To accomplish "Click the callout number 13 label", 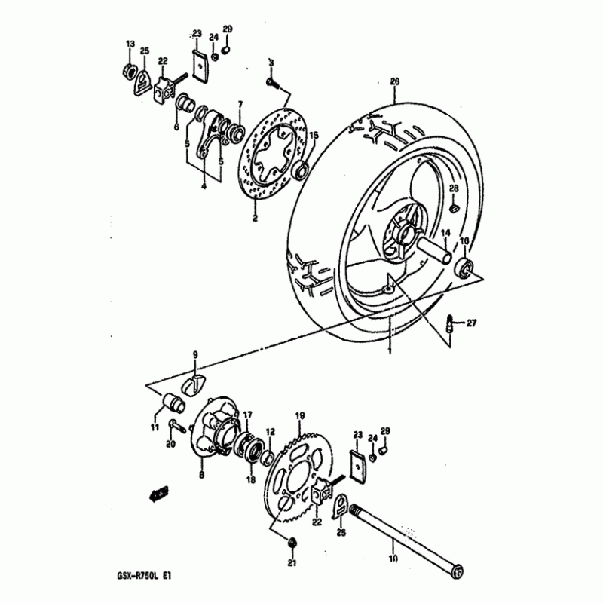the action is (x=130, y=44).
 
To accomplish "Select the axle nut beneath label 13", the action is (x=130, y=70).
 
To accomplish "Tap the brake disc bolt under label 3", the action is (x=272, y=82).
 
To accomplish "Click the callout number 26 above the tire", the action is (x=395, y=81).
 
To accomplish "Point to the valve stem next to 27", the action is (x=449, y=324).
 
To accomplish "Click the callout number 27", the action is (x=472, y=323).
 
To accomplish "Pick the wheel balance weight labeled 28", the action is (x=454, y=208).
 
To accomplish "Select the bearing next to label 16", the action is (x=464, y=268).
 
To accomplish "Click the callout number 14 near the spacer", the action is (x=445, y=233).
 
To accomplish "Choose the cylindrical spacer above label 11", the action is (x=173, y=403).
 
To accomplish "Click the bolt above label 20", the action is (x=176, y=426).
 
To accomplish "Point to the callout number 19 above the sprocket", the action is (x=300, y=415).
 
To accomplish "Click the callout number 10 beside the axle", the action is (x=393, y=559).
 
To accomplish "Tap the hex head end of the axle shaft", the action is (x=457, y=571).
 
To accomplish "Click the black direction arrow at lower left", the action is (x=158, y=494).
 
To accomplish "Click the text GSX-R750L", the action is (x=136, y=576).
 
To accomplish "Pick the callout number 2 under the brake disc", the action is (x=255, y=219).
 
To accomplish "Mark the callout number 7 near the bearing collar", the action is (x=240, y=104).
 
